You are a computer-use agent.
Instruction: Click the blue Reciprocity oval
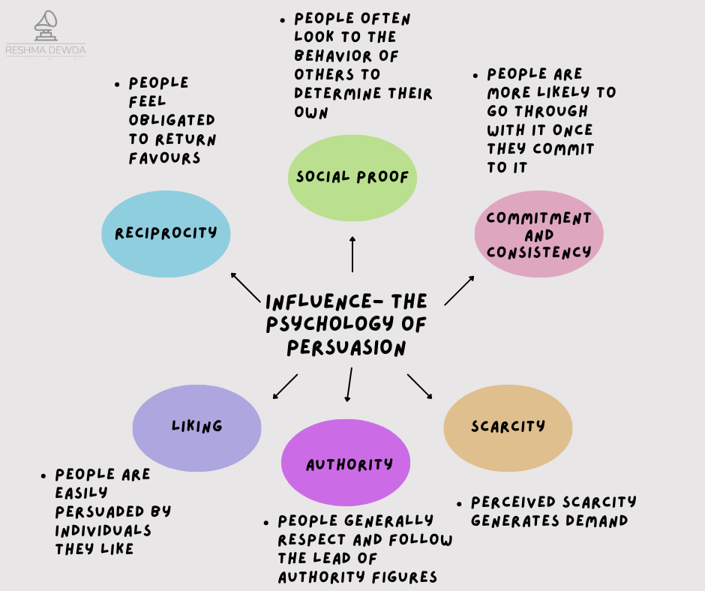pos(166,234)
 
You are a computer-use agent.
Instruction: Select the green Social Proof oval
pos(352,178)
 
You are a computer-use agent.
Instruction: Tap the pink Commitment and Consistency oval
pos(538,235)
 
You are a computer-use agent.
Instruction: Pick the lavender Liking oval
pos(196,427)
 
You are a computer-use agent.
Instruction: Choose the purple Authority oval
pos(346,464)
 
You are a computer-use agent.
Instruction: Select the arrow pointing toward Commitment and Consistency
pos(459,290)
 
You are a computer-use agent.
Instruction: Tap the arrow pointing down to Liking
pos(285,385)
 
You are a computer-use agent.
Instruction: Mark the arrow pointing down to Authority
pos(349,385)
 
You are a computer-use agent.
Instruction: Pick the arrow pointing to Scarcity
pos(420,385)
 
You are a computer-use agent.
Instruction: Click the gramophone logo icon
pos(46,25)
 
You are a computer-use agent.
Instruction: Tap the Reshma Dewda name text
pos(46,51)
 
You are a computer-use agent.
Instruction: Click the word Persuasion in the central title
pos(346,348)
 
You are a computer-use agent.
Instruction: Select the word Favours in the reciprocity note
pos(164,158)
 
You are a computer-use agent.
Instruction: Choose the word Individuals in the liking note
pos(103,530)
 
